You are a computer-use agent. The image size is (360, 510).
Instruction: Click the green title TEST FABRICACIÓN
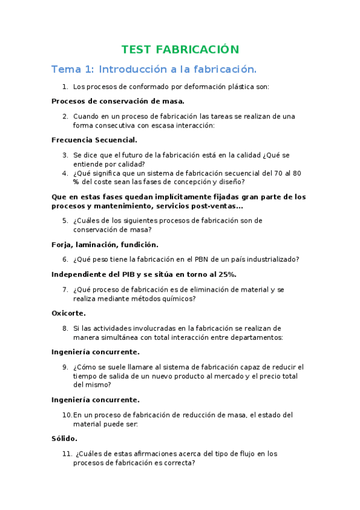click(x=180, y=49)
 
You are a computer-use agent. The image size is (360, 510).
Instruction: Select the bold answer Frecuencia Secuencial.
click(x=94, y=140)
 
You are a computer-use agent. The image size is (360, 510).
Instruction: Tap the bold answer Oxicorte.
click(x=69, y=313)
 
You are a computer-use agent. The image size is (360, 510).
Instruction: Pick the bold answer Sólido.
click(x=64, y=438)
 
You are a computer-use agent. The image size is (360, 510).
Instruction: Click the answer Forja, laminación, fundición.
click(x=105, y=245)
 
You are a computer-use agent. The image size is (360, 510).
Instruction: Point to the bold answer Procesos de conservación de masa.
click(x=118, y=101)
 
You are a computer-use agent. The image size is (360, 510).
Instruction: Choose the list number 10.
click(x=67, y=415)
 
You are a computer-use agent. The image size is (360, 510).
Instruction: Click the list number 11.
click(x=67, y=454)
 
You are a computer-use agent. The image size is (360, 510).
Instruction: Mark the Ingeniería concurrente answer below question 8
click(x=96, y=352)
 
